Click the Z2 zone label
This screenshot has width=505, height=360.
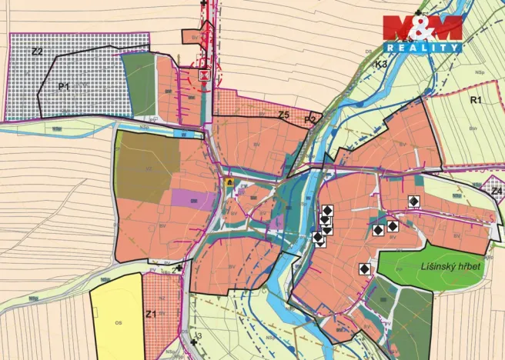[36, 52]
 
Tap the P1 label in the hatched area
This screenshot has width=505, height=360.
[64, 87]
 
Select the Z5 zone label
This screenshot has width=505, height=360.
[283, 115]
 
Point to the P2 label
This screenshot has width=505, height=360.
[309, 120]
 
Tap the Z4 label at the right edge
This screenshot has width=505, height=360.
[497, 190]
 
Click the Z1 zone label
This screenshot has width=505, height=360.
[151, 314]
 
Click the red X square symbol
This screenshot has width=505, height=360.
[204, 75]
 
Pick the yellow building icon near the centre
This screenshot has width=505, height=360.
[229, 182]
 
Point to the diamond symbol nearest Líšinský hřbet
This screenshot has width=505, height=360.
[364, 268]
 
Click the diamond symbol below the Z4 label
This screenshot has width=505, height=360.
[414, 201]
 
